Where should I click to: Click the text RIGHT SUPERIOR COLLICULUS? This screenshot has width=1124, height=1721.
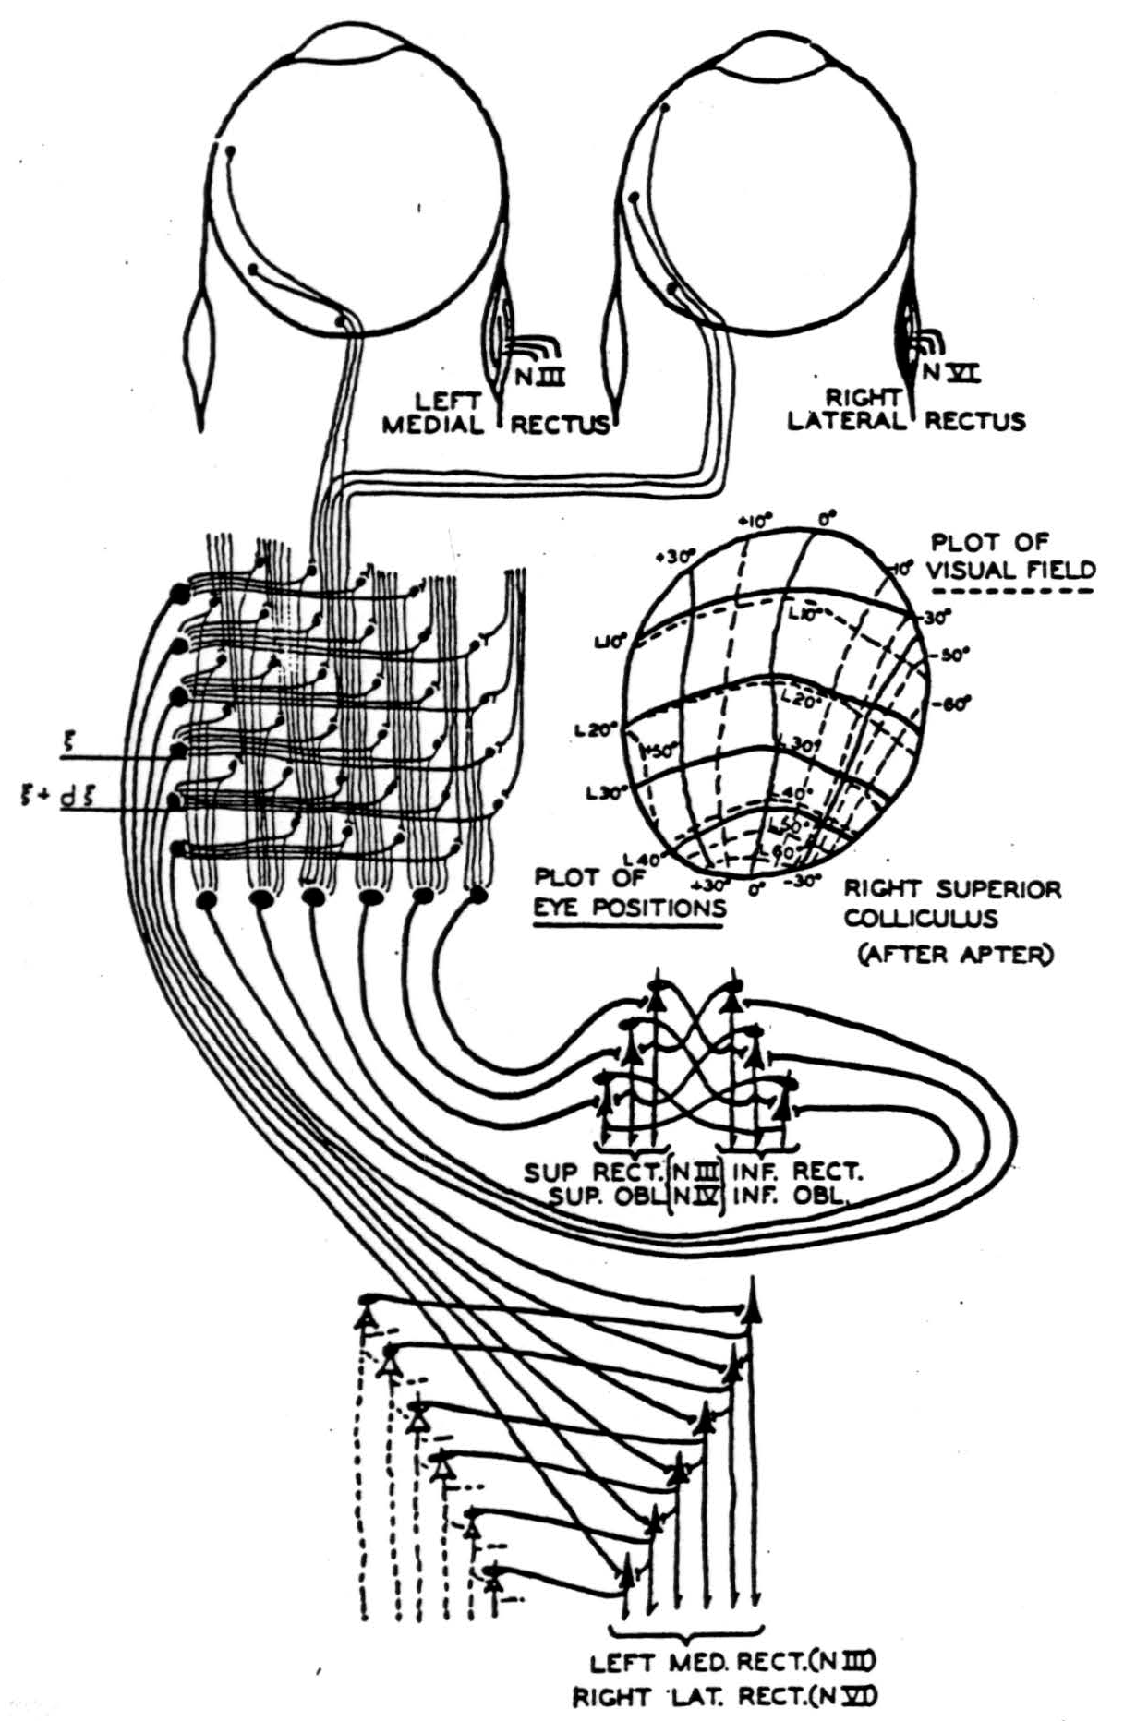click(x=952, y=904)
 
